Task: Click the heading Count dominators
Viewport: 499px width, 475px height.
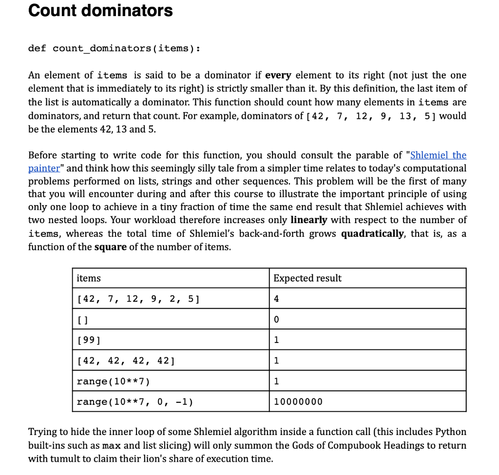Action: (100, 10)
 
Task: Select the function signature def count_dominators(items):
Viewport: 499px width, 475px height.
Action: (114, 48)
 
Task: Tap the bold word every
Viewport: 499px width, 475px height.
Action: (278, 75)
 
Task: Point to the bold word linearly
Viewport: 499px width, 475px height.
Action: (308, 220)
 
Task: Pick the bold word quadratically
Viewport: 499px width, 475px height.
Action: (372, 233)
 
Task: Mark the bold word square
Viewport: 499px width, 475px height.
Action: (110, 247)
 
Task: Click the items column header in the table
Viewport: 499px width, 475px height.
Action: (89, 278)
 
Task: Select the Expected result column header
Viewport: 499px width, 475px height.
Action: (307, 278)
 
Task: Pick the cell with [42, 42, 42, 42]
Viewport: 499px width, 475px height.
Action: (126, 361)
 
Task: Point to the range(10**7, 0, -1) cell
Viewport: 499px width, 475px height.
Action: (134, 401)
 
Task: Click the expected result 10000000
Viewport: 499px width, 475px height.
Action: (298, 401)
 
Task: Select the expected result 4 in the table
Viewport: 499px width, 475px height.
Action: (276, 299)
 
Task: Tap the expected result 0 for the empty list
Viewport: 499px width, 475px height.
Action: (276, 320)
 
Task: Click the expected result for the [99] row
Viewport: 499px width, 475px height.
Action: (276, 340)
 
